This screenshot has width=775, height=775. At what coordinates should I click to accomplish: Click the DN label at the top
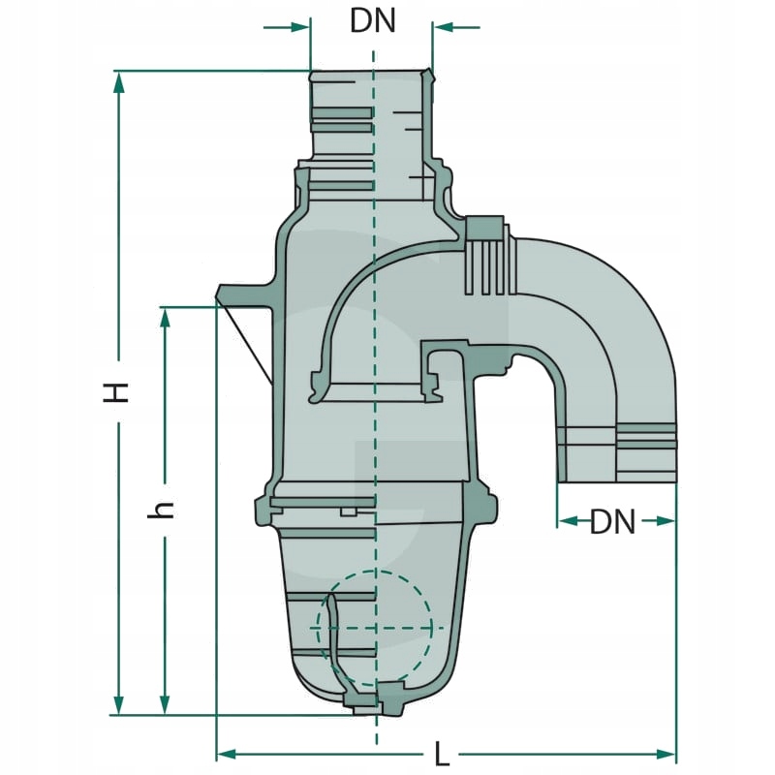click(373, 21)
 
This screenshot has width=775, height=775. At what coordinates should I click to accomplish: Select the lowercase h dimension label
click(164, 509)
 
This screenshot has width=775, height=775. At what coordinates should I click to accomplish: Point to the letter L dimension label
click(441, 753)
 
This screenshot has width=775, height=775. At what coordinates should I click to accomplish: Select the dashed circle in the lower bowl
click(375, 627)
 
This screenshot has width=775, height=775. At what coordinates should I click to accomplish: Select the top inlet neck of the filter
click(371, 116)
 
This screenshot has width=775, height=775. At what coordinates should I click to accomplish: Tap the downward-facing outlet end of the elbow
click(617, 455)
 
